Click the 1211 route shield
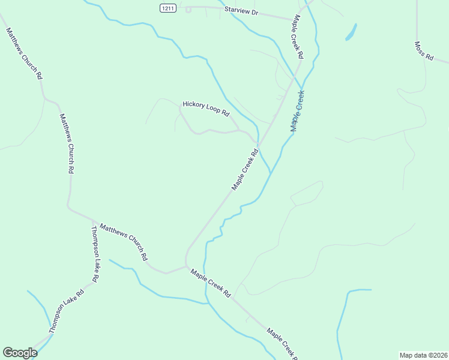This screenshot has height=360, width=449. coord(167,8)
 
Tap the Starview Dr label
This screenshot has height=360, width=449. coord(240,11)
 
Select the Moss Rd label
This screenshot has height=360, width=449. coord(424,51)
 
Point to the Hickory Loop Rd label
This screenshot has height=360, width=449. coord(206,109)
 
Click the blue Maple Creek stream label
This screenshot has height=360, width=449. coord(298,111)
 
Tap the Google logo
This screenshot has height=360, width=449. coord(20,353)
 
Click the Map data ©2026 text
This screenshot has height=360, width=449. coord(423,355)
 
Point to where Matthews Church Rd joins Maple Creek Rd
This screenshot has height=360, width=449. coord(186,265)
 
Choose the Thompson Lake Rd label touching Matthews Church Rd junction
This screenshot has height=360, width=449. coord(95,253)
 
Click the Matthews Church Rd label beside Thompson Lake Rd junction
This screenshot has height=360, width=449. coord(124,242)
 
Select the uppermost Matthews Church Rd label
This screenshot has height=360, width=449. coord(24,53)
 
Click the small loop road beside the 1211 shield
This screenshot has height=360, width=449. coord(188,9)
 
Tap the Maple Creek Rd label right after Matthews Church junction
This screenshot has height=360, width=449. coord(211,283)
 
